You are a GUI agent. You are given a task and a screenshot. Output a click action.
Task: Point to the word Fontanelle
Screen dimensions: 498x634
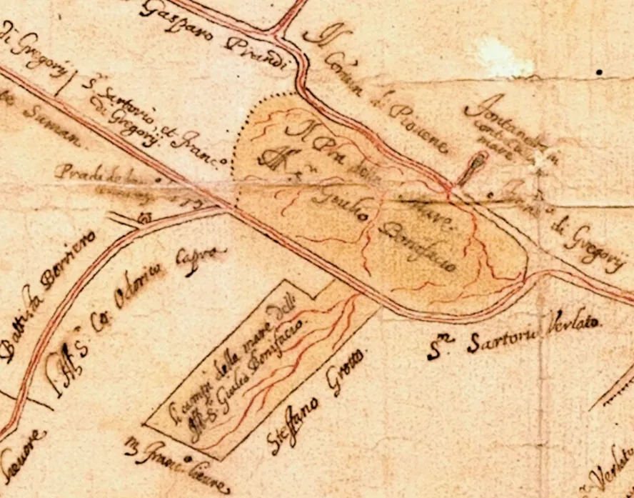point(500,121)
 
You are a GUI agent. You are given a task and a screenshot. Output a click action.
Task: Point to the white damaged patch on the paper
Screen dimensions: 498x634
point(504,57)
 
